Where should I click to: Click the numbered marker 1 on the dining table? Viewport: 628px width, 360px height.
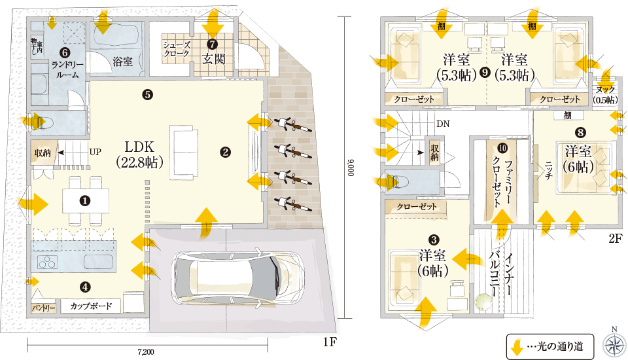(x=85, y=200)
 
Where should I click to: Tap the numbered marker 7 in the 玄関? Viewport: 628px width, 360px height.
(x=213, y=44)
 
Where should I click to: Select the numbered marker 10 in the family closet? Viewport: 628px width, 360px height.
(x=502, y=149)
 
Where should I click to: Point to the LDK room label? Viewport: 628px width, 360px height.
(x=139, y=154)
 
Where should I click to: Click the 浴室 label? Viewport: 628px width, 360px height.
(x=122, y=62)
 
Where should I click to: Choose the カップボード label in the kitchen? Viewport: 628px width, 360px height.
(x=91, y=306)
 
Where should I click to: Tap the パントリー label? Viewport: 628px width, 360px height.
(x=44, y=308)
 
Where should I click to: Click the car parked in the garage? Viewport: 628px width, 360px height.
(x=237, y=278)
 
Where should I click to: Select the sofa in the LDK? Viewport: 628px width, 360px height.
(x=184, y=153)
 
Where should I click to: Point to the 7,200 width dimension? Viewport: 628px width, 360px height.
(x=146, y=352)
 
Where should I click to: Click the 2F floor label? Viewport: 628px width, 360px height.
(x=616, y=238)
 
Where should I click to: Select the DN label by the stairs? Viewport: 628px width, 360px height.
(x=443, y=124)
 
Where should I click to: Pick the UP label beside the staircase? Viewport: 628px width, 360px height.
(x=96, y=152)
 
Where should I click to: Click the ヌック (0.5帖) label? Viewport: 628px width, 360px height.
(x=606, y=95)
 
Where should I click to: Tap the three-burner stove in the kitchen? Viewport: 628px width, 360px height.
(x=48, y=262)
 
